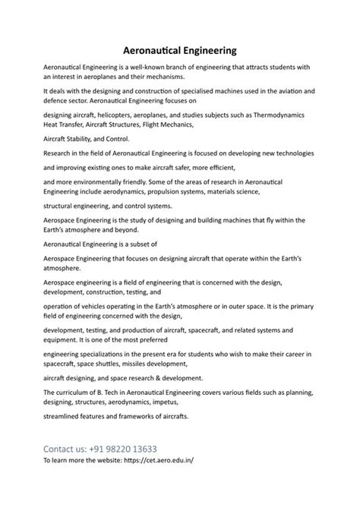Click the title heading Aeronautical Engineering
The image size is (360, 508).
click(180, 50)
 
